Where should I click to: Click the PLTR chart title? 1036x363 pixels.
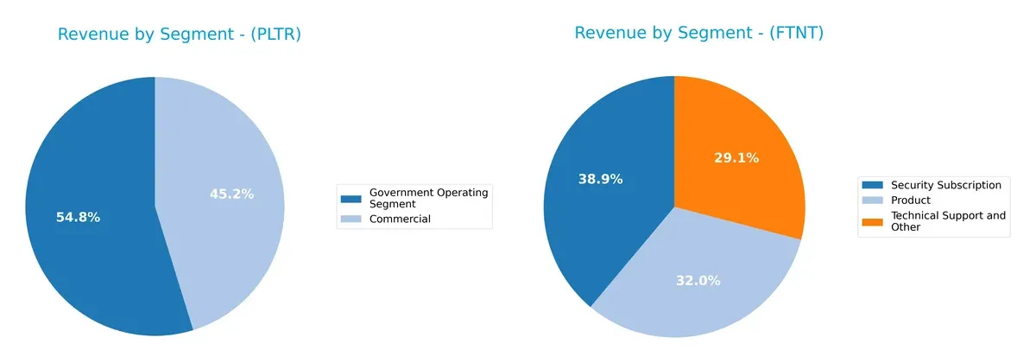[x=179, y=35]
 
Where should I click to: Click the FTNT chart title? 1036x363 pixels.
[x=698, y=33]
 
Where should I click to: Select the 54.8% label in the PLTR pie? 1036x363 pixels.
[x=77, y=217]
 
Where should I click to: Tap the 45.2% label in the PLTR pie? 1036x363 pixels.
[x=231, y=194]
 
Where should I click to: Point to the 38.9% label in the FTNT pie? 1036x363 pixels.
[x=600, y=178]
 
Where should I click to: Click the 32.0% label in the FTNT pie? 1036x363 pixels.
[x=697, y=280]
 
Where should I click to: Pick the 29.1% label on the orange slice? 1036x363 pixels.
[x=736, y=157]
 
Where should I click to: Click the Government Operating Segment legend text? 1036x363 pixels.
[x=427, y=197]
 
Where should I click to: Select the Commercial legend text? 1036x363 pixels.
[x=399, y=219]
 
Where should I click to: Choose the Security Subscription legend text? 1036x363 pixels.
[x=945, y=185]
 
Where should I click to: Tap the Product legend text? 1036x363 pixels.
[x=910, y=200]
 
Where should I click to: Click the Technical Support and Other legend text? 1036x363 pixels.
[x=947, y=220]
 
